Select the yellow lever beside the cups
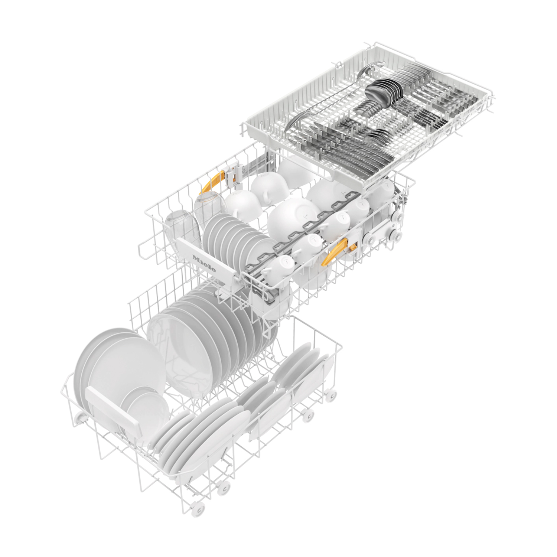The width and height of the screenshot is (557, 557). click(x=338, y=249)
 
